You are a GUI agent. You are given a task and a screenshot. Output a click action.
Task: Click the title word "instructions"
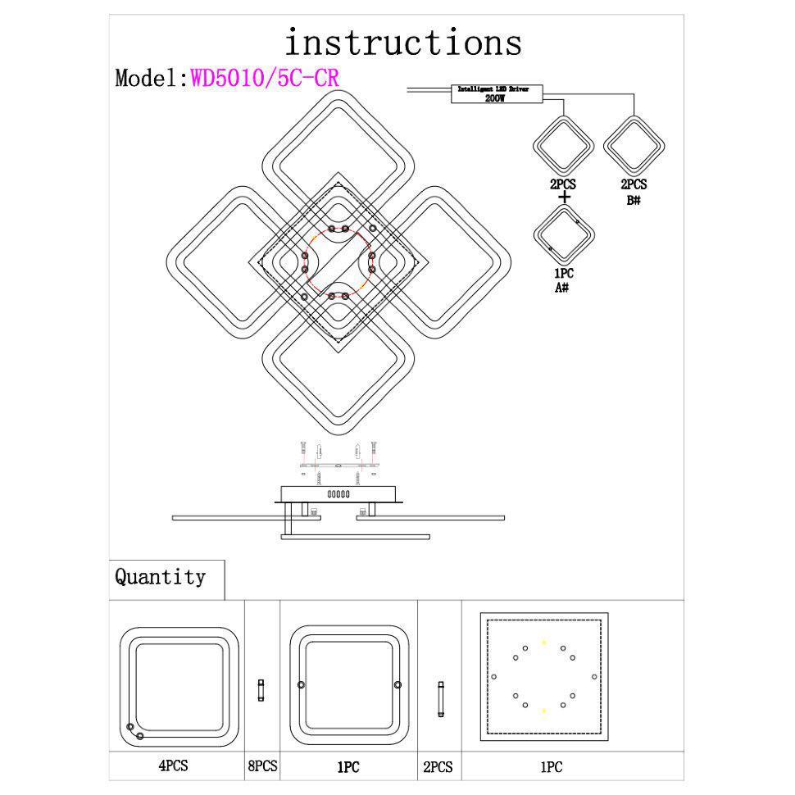(x=402, y=42)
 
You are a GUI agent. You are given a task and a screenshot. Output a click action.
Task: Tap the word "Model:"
(x=152, y=78)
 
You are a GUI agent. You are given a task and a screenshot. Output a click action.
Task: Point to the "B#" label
(x=633, y=199)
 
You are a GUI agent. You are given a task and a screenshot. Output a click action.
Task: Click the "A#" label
(x=562, y=288)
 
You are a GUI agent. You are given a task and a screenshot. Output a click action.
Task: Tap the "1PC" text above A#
(x=562, y=275)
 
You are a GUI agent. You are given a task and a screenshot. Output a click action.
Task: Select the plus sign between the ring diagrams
(x=563, y=197)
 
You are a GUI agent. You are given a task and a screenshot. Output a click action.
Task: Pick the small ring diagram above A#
(x=563, y=234)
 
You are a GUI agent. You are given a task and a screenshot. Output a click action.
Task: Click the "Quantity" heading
(x=160, y=577)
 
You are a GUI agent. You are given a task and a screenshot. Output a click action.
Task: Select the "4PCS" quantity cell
(x=173, y=766)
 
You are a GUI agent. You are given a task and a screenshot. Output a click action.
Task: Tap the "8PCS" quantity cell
(x=262, y=766)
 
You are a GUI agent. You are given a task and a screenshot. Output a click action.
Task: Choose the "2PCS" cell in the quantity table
(x=438, y=767)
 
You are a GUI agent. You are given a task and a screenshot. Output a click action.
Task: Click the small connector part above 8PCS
(x=261, y=689)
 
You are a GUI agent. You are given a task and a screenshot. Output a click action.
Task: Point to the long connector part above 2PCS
(x=440, y=699)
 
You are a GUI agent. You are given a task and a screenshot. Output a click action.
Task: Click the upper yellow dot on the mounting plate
(x=543, y=643)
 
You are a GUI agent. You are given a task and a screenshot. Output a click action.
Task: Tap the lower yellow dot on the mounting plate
(x=543, y=709)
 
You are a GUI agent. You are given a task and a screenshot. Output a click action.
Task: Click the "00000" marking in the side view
(x=338, y=494)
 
